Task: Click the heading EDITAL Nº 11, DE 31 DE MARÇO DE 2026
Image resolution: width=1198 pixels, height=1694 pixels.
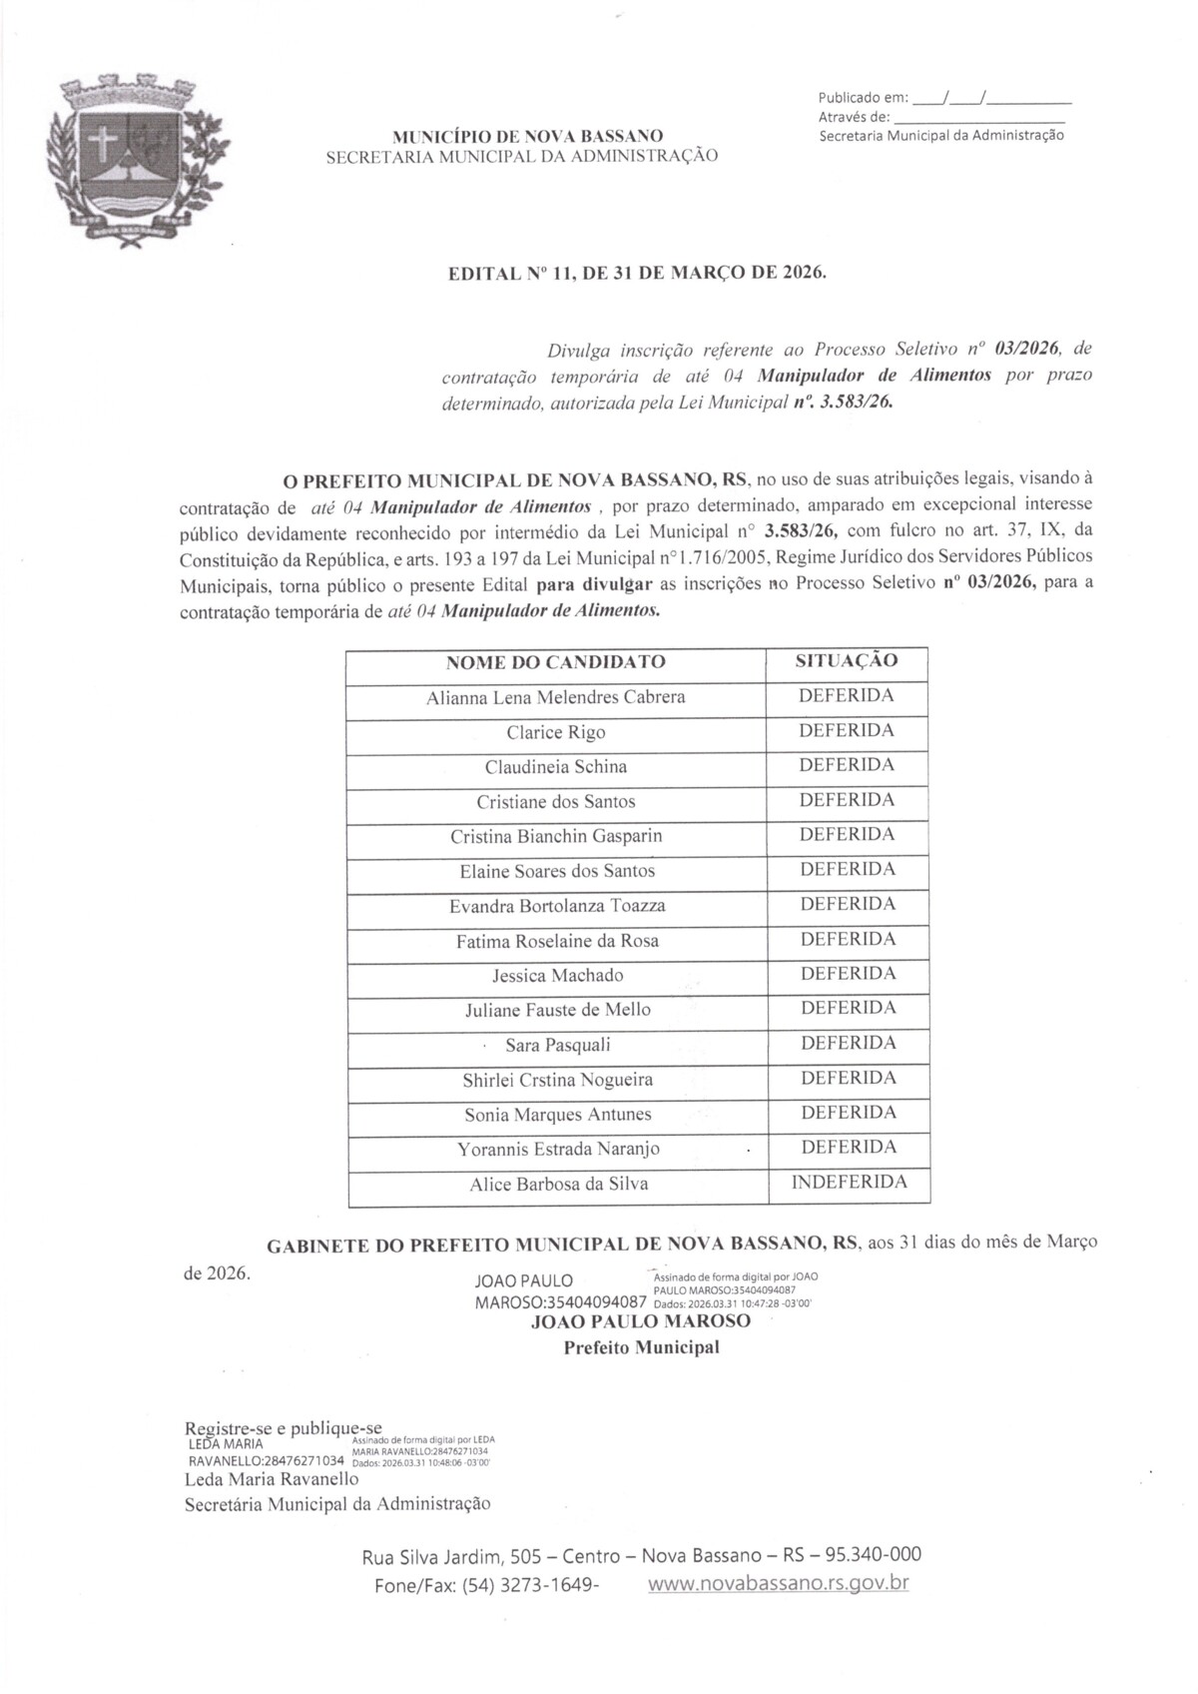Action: (638, 272)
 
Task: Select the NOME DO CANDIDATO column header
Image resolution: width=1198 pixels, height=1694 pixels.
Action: (555, 662)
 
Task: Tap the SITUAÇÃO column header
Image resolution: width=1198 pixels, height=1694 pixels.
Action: (846, 660)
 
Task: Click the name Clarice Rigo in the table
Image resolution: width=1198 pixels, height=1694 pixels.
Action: (555, 732)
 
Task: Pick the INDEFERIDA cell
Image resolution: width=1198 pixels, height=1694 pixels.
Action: (849, 1183)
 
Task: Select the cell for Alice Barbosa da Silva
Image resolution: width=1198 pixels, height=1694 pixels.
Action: (558, 1185)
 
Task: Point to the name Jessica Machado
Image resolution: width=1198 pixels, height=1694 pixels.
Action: (557, 976)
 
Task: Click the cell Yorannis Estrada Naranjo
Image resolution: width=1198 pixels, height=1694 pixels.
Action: (558, 1149)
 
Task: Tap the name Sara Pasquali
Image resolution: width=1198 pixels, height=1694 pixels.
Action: (557, 1046)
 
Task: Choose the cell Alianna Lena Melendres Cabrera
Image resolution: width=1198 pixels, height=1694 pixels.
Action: (555, 697)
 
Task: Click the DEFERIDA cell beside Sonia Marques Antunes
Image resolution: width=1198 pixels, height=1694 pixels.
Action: (848, 1113)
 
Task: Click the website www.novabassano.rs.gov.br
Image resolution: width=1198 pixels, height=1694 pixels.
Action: (778, 1583)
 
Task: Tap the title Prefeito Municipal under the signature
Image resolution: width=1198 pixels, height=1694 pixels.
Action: (641, 1347)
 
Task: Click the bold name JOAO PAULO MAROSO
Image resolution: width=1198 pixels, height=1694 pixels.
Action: (641, 1321)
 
